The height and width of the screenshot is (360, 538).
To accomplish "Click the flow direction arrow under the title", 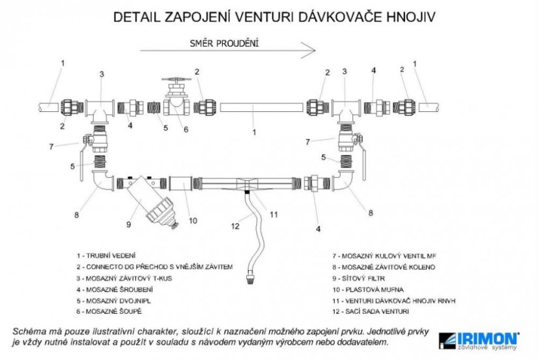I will click(x=228, y=50).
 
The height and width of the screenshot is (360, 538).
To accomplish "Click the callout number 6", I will click(x=186, y=129).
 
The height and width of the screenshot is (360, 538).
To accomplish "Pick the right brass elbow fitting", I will click(x=344, y=183).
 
